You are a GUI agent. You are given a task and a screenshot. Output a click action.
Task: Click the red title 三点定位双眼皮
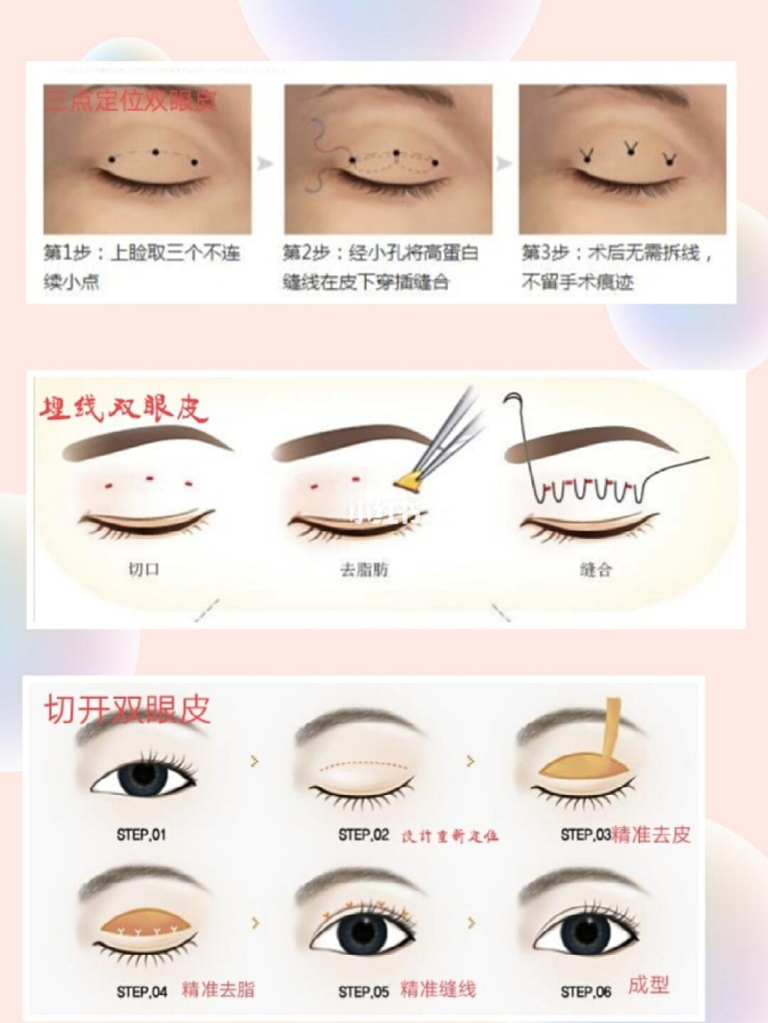(x=130, y=100)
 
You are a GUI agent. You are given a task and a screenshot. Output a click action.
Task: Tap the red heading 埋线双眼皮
(x=122, y=409)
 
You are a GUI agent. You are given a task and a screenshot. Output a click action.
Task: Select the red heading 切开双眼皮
(x=127, y=710)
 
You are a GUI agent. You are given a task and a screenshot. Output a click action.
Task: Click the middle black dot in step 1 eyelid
(x=155, y=152)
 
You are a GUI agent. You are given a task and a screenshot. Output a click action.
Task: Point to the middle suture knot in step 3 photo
(x=630, y=148)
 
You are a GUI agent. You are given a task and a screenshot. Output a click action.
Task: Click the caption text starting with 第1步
(x=142, y=266)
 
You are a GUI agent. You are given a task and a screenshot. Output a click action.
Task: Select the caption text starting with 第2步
(x=380, y=266)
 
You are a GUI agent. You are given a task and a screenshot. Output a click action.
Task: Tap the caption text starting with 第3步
(x=617, y=266)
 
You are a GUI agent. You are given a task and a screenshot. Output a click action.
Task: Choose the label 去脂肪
(x=364, y=569)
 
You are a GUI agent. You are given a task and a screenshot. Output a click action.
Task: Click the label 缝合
(x=595, y=569)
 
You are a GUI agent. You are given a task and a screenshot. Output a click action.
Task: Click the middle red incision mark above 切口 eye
(x=150, y=478)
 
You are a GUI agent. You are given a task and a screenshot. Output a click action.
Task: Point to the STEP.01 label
(x=141, y=835)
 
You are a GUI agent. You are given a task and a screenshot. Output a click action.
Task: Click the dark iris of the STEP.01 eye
(x=143, y=777)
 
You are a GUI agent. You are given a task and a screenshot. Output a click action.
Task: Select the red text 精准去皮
(x=651, y=834)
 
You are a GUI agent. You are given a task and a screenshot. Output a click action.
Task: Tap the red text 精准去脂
(x=218, y=989)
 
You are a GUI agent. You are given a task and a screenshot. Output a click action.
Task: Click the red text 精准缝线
(x=438, y=989)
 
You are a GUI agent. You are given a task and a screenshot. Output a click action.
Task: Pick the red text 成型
(x=648, y=985)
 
